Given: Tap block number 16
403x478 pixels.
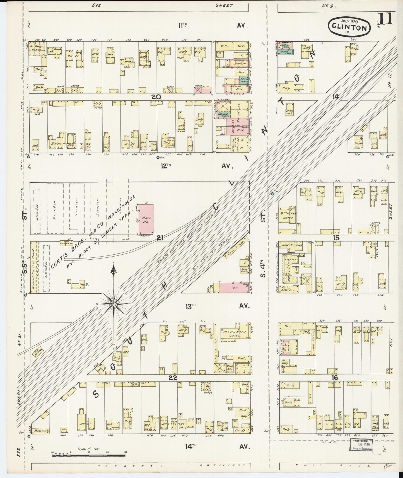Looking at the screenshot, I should click(x=335, y=378).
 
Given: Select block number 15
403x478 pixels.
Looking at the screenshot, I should click(x=336, y=238).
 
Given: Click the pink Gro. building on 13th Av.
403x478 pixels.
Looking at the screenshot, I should click(x=234, y=288).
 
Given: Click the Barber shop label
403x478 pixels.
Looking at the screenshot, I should click(x=239, y=64).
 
